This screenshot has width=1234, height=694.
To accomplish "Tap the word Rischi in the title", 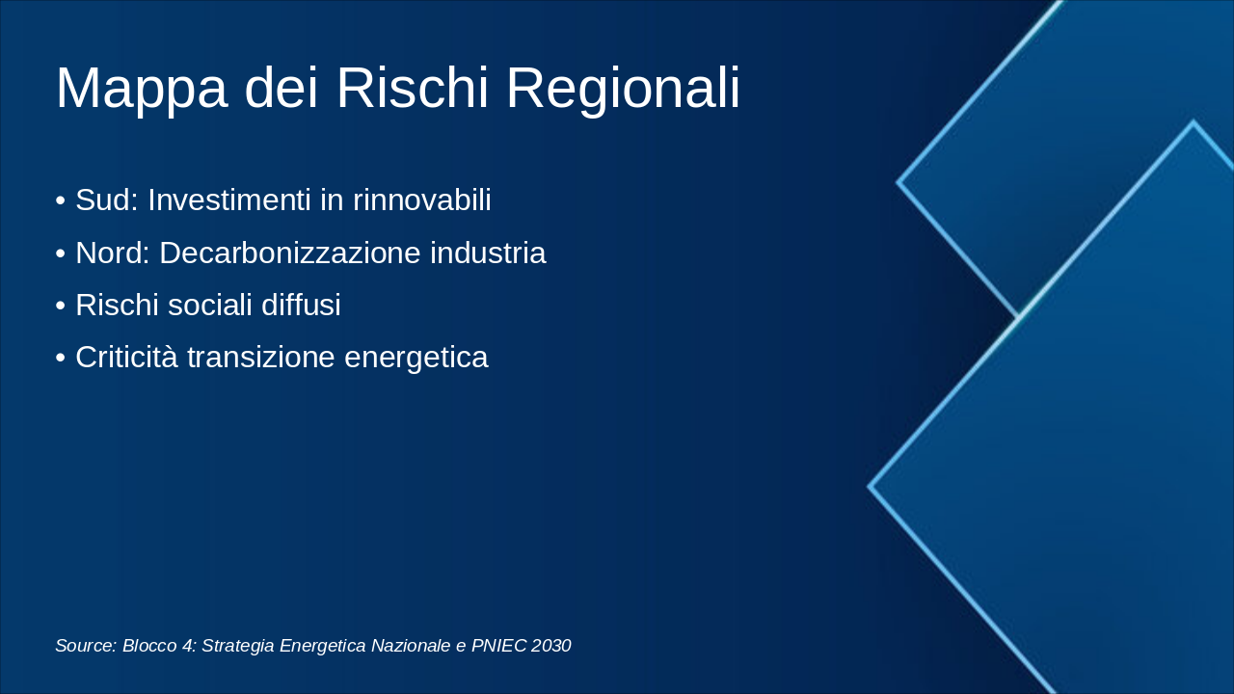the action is pyautogui.click(x=413, y=88).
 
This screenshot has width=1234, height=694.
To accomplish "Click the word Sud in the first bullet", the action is pyautogui.click(x=107, y=200).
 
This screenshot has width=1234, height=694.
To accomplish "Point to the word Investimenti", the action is pyautogui.click(x=229, y=200).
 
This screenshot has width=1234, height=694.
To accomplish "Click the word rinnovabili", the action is pyautogui.click(x=422, y=200).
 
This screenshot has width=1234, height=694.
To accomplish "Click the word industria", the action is pyautogui.click(x=488, y=253).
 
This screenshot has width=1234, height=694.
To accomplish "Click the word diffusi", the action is pyautogui.click(x=301, y=305).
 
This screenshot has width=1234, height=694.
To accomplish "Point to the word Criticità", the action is pyautogui.click(x=126, y=357).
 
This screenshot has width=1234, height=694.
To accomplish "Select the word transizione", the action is pyautogui.click(x=261, y=357).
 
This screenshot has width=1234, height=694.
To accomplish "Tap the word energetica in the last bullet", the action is pyautogui.click(x=416, y=358).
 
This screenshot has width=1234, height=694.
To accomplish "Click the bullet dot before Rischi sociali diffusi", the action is pyautogui.click(x=61, y=306).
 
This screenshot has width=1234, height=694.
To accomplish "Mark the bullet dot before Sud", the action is pyautogui.click(x=61, y=200).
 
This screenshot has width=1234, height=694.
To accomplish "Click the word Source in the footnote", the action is pyautogui.click(x=86, y=645).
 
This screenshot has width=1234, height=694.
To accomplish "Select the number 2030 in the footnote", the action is pyautogui.click(x=550, y=645).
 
